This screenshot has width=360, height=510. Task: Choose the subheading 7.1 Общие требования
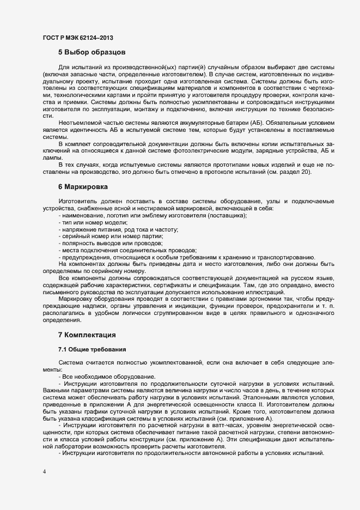click(x=92, y=349)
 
